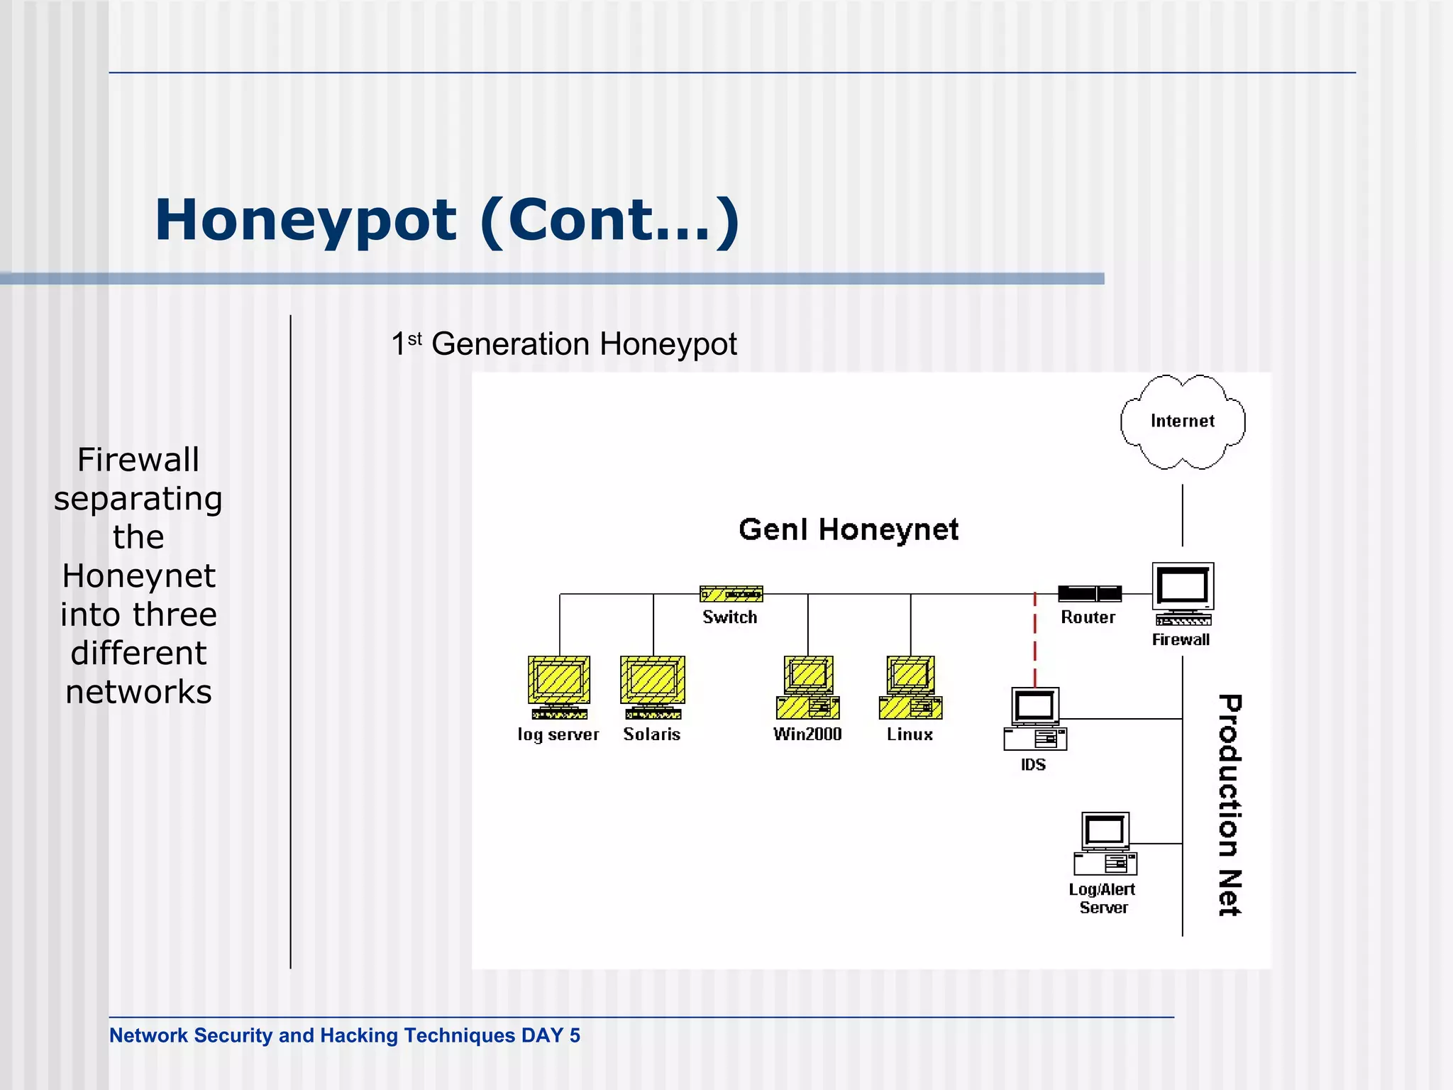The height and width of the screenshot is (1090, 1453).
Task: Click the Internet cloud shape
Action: tap(1182, 422)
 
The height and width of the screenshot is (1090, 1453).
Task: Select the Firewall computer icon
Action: tap(1183, 593)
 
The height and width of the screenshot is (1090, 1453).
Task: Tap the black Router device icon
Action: tap(1090, 593)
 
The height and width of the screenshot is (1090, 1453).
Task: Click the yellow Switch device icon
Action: tap(731, 593)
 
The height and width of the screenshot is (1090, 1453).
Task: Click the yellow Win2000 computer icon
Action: tap(808, 687)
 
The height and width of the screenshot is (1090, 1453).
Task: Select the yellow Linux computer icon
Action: tap(911, 687)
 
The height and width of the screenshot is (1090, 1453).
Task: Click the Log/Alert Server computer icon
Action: tap(1105, 844)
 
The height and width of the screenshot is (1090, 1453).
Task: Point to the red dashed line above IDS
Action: tap(1034, 639)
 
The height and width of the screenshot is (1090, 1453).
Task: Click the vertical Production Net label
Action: tap(1230, 805)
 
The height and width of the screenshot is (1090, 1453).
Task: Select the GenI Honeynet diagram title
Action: tap(849, 529)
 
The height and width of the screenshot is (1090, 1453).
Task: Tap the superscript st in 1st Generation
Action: tap(414, 338)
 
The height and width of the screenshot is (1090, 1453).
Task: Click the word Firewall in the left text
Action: tap(138, 460)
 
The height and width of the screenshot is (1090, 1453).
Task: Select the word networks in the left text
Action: tap(138, 692)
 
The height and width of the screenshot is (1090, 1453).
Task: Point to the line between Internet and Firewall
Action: tap(1182, 515)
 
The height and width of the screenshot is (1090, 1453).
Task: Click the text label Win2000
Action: tap(807, 734)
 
